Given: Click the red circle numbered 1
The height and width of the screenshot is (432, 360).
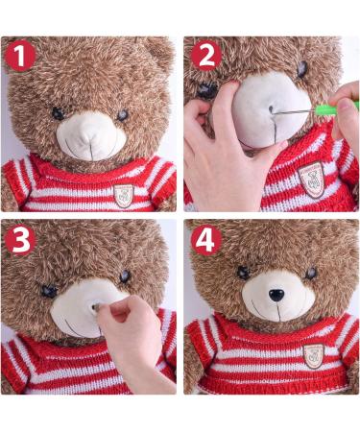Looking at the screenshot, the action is (20, 57).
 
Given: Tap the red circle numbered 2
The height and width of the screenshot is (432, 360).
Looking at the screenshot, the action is (205, 56).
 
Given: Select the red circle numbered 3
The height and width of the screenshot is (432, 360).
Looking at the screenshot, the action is (20, 240).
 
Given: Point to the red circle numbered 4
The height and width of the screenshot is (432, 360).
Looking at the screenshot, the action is (205, 240).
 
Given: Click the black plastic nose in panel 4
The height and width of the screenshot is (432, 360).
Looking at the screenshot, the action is (276, 295).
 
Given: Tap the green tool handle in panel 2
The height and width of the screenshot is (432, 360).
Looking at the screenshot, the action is (336, 109).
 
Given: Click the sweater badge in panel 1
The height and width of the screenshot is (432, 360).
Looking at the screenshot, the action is (124, 196).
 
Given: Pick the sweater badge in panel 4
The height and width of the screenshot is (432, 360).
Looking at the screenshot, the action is (314, 355).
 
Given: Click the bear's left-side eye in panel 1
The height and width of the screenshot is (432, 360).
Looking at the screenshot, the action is (58, 113).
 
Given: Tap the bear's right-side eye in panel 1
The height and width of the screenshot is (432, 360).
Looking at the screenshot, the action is (123, 115).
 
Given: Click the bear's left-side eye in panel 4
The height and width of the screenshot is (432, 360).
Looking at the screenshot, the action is (243, 273).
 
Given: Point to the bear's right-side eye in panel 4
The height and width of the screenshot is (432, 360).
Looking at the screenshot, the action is (311, 273).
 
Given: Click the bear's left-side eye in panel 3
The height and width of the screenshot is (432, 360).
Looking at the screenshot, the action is (49, 291).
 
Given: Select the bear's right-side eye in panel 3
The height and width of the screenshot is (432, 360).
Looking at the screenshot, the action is (125, 276).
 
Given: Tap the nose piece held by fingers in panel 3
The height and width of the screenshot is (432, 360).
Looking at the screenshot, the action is (95, 307).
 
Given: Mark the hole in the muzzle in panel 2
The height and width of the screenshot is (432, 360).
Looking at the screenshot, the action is (272, 109).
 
